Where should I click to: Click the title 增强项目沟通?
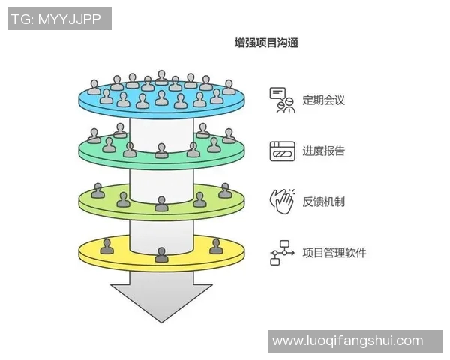267,43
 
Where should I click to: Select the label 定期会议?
323,100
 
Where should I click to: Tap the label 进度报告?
323,151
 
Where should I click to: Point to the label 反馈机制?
323,201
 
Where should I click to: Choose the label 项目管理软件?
334,253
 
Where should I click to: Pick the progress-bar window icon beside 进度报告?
282,151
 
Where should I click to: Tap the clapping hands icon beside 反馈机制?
281,201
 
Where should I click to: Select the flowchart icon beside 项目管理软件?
281,253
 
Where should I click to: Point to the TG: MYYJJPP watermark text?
59,19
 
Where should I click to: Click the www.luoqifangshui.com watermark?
347,340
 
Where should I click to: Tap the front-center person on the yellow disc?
161,254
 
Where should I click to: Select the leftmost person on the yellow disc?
107,245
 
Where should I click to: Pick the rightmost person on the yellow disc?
216,245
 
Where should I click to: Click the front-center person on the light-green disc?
161,203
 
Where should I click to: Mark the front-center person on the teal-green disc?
161,151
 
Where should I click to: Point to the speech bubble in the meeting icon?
278,94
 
